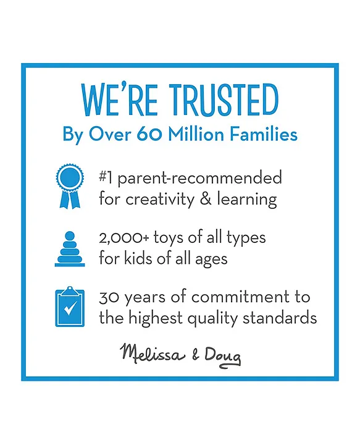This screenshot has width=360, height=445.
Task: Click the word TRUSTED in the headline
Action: click(224, 100)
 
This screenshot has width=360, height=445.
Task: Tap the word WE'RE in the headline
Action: click(119, 100)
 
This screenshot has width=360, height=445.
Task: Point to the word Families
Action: click(263, 134)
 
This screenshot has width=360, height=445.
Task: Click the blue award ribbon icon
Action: click(70, 186)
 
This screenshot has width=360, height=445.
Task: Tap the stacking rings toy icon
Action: click(70, 249)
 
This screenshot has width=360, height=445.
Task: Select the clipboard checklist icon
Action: click(70, 307)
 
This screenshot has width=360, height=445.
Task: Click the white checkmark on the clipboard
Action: click(70, 308)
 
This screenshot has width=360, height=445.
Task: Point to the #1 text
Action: click(105, 177)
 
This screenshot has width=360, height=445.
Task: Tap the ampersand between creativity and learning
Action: click(206, 198)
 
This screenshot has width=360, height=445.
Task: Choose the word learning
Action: click(247, 200)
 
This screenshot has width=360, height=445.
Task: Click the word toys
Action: click(169, 239)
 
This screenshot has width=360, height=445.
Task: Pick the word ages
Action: click(211, 260)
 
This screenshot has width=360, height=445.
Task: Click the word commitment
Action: click(240, 297)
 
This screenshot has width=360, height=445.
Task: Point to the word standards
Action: click(280, 318)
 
